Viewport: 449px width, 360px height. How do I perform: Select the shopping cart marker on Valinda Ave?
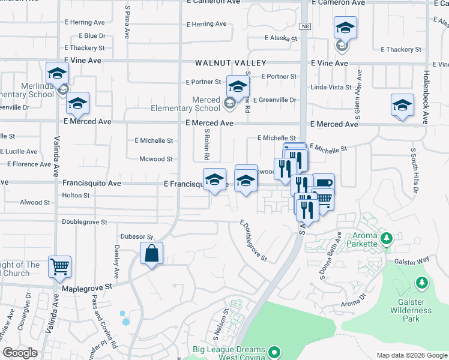click(59, 266)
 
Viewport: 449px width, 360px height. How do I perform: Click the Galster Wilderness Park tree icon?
click(423, 282)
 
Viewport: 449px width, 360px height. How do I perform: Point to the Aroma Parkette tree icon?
click(387, 238)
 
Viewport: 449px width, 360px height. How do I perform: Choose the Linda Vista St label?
click(330, 88)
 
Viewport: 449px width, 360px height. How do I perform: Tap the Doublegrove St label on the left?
click(84, 222)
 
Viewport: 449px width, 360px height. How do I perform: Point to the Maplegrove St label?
click(88, 288)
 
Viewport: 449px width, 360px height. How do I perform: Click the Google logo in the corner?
click(20, 353)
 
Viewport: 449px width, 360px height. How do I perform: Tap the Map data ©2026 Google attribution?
click(411, 355)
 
